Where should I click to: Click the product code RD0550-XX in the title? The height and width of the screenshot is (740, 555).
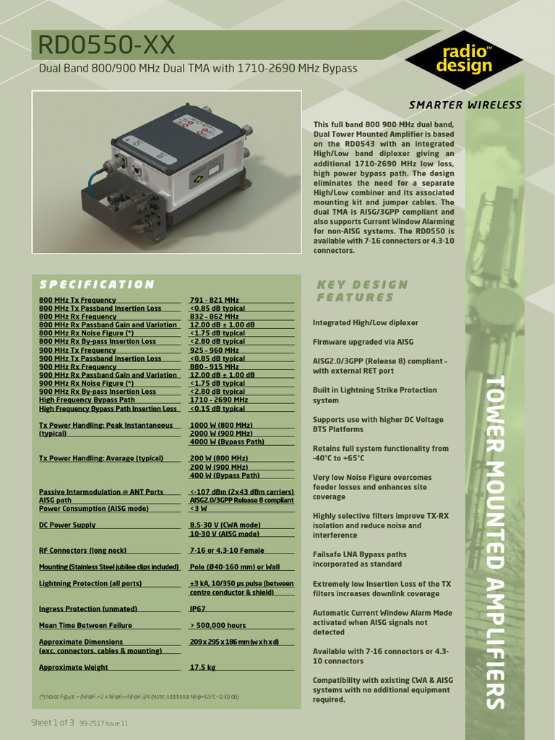[x=107, y=46]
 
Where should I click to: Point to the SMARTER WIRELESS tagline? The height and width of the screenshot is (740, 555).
[x=465, y=105]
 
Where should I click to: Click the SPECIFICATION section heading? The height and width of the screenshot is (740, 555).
[x=96, y=285]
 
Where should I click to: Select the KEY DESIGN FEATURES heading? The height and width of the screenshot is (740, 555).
[x=363, y=291]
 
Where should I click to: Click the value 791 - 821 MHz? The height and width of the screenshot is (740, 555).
[x=215, y=300]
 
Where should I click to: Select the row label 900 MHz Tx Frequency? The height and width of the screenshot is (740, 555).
[x=77, y=350]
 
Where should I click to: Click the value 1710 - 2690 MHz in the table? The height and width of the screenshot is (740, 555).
[x=219, y=400]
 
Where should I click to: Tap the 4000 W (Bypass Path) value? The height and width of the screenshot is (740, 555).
[x=227, y=442]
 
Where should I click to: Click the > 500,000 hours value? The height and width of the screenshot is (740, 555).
[x=218, y=625]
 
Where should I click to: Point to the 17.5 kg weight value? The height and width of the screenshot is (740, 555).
[x=202, y=668]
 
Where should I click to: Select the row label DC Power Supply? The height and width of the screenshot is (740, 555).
[x=67, y=525]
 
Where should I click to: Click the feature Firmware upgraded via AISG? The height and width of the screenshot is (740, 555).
[x=363, y=342]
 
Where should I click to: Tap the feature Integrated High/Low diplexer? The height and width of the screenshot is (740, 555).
[x=365, y=322]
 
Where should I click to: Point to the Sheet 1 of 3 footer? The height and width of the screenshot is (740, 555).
[x=53, y=723]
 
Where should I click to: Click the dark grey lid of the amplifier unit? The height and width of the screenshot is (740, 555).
[x=181, y=134]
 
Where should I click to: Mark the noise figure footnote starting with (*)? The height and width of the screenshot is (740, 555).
[x=139, y=697]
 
